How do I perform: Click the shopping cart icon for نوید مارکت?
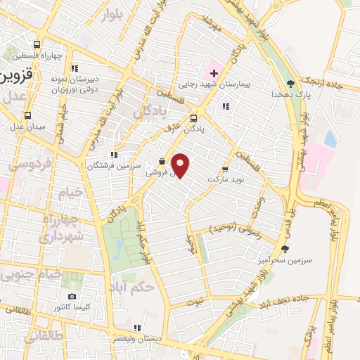click(x=225, y=169)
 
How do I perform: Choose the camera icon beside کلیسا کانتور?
click(x=72, y=297)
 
